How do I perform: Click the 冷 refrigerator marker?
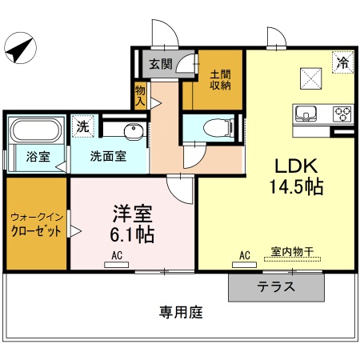pos(342,60)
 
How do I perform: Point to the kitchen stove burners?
pos(342,113)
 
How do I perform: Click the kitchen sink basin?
pos(306,113)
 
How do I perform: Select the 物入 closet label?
pos(141,98)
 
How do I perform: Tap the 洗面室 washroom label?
pos(107,157)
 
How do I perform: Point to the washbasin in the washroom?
pos(133,131)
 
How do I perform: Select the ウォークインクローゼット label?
pos(34,224)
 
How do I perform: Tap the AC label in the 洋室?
pos(116,255)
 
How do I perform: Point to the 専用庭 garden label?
pos(180,312)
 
